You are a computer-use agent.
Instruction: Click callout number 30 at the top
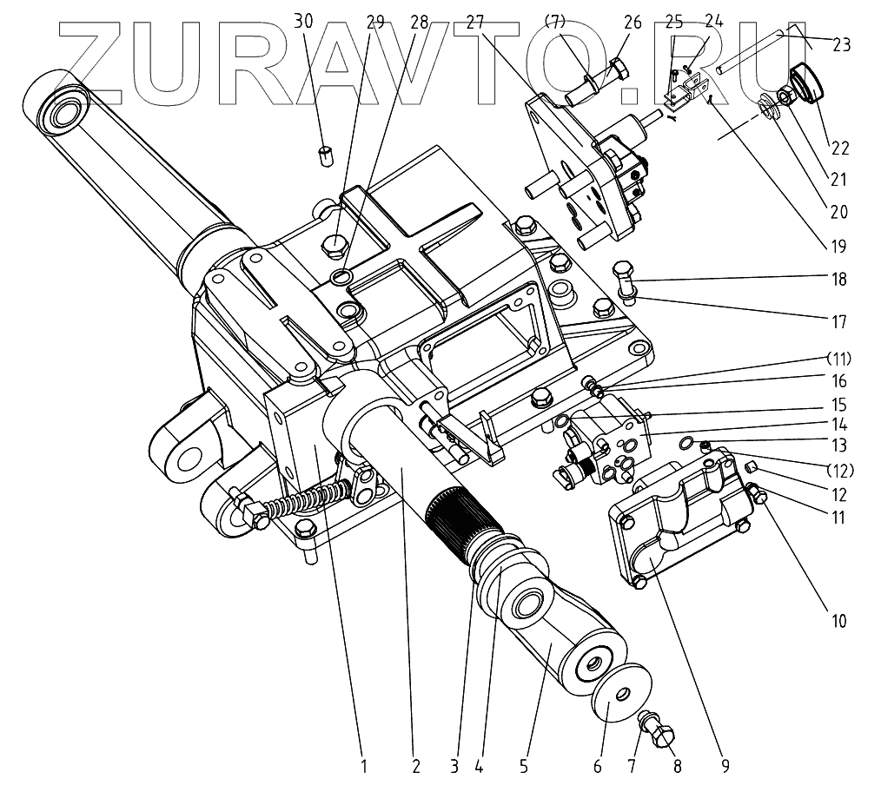[303, 21]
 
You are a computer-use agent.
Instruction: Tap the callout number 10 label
[838, 622]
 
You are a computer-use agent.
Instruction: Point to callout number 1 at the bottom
[364, 766]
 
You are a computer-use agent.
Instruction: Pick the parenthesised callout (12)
[838, 472]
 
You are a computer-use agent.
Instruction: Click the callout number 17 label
[838, 322]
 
